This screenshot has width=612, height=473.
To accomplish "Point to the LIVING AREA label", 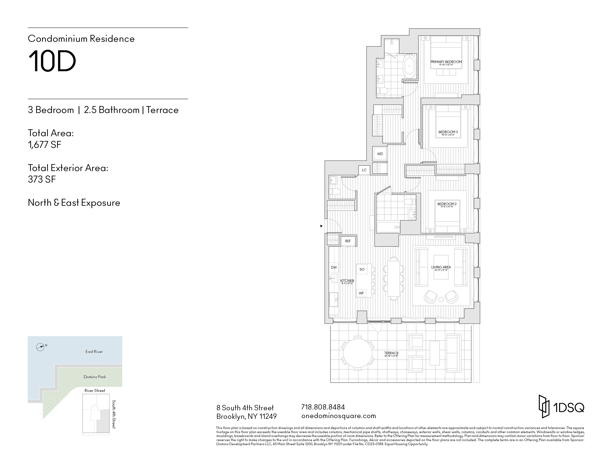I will pos(441,267).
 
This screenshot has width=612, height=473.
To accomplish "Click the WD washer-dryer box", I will pos(380,154).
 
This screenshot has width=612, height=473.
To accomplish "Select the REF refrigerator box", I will pos(348,241).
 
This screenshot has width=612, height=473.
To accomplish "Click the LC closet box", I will pos(364,170).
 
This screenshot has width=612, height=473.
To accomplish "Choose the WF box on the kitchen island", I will pos(361,293).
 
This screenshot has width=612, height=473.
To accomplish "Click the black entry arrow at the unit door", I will pos(321,226).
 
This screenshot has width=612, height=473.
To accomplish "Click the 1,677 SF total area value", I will pos(45,145).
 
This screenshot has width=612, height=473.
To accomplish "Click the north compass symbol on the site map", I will pos(40,347).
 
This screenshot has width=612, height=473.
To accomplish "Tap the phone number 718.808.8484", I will pos(323,407).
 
